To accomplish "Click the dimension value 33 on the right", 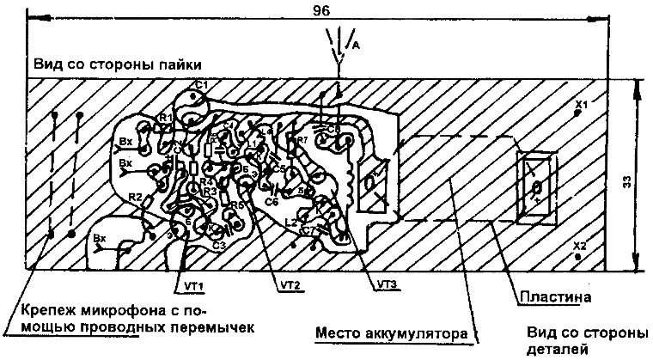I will [x=627, y=181].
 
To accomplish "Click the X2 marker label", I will [x=581, y=246].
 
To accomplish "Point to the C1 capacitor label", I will [x=202, y=84].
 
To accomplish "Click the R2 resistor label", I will [x=134, y=198].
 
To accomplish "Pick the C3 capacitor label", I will [x=218, y=246].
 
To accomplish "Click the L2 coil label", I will [x=289, y=222].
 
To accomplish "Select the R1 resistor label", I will [x=166, y=117].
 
